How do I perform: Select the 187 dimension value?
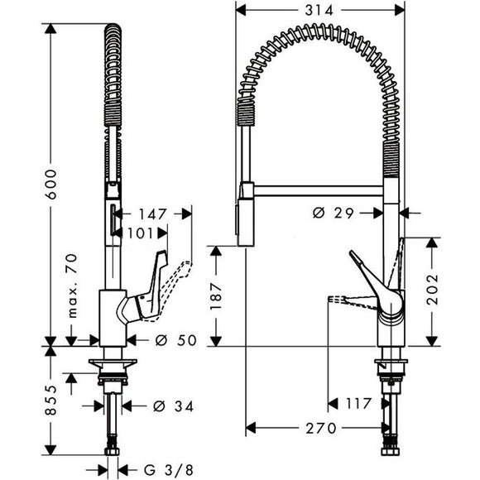coord(217,295)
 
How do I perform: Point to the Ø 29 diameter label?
coord(335,214)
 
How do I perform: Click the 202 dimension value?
coord(432,290)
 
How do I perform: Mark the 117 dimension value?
coord(358,405)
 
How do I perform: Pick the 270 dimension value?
coord(317,428)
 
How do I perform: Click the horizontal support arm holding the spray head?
coord(319,191)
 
